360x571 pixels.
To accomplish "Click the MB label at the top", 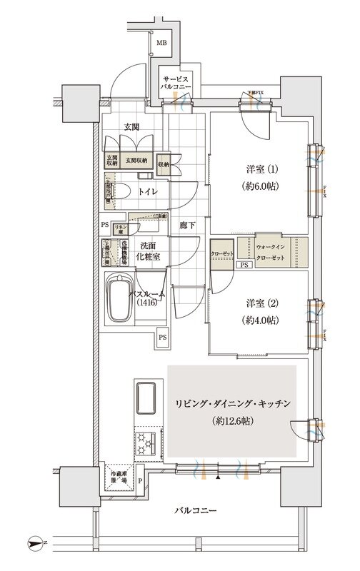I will pos(162,43).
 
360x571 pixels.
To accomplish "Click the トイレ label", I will pos(148,193).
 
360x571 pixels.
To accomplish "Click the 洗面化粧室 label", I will pos(149,251).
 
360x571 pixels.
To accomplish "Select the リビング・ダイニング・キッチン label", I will pos(231,404).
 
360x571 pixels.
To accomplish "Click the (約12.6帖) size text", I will pos(231,423).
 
